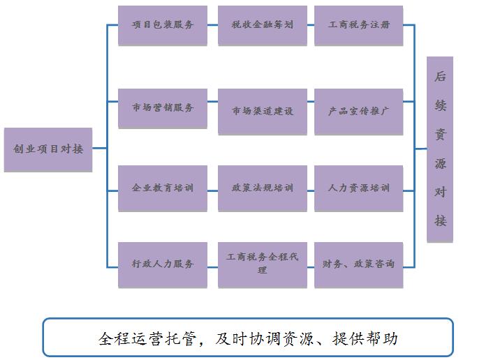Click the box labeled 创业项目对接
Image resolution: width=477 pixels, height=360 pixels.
point(47,149)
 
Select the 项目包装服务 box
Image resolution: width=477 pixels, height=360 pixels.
point(162,25)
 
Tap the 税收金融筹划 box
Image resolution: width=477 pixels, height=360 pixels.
point(262,25)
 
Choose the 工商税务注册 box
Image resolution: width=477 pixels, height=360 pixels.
point(358,25)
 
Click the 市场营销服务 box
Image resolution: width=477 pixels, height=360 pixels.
point(162,108)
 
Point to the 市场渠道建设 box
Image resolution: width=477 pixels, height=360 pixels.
point(262,111)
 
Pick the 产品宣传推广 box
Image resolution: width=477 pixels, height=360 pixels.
point(358,111)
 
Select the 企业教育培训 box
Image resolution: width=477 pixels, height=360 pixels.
point(162,188)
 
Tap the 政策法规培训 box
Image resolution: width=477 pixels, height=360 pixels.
point(262,188)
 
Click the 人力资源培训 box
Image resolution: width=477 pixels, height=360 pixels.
point(358,188)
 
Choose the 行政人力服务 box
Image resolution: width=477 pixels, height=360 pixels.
point(162,264)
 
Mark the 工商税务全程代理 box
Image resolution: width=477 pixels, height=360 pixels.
point(262,264)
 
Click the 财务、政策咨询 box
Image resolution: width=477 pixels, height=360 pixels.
point(358,264)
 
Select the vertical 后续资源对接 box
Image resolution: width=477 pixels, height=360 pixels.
point(440,149)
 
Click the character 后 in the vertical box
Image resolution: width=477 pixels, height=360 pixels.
point(440,77)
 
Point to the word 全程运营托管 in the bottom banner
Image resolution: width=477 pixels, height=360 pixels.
point(142,339)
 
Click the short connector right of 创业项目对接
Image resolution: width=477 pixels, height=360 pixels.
point(99,148)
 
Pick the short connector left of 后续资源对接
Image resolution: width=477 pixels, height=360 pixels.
point(420,148)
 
